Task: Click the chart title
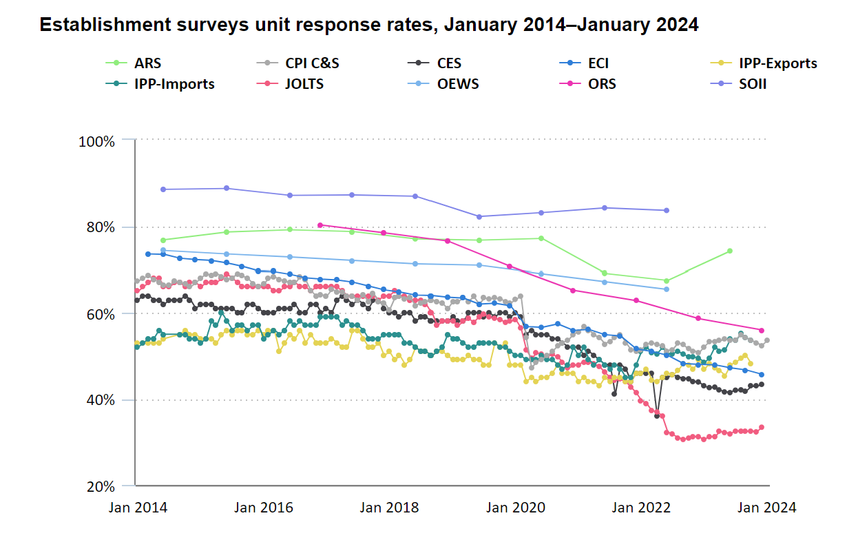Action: [368, 25]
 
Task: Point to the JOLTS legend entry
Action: [303, 84]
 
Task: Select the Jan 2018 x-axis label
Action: [389, 508]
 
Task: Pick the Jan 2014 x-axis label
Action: [137, 508]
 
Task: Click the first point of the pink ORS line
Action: [320, 225]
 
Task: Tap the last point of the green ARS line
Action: [730, 251]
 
